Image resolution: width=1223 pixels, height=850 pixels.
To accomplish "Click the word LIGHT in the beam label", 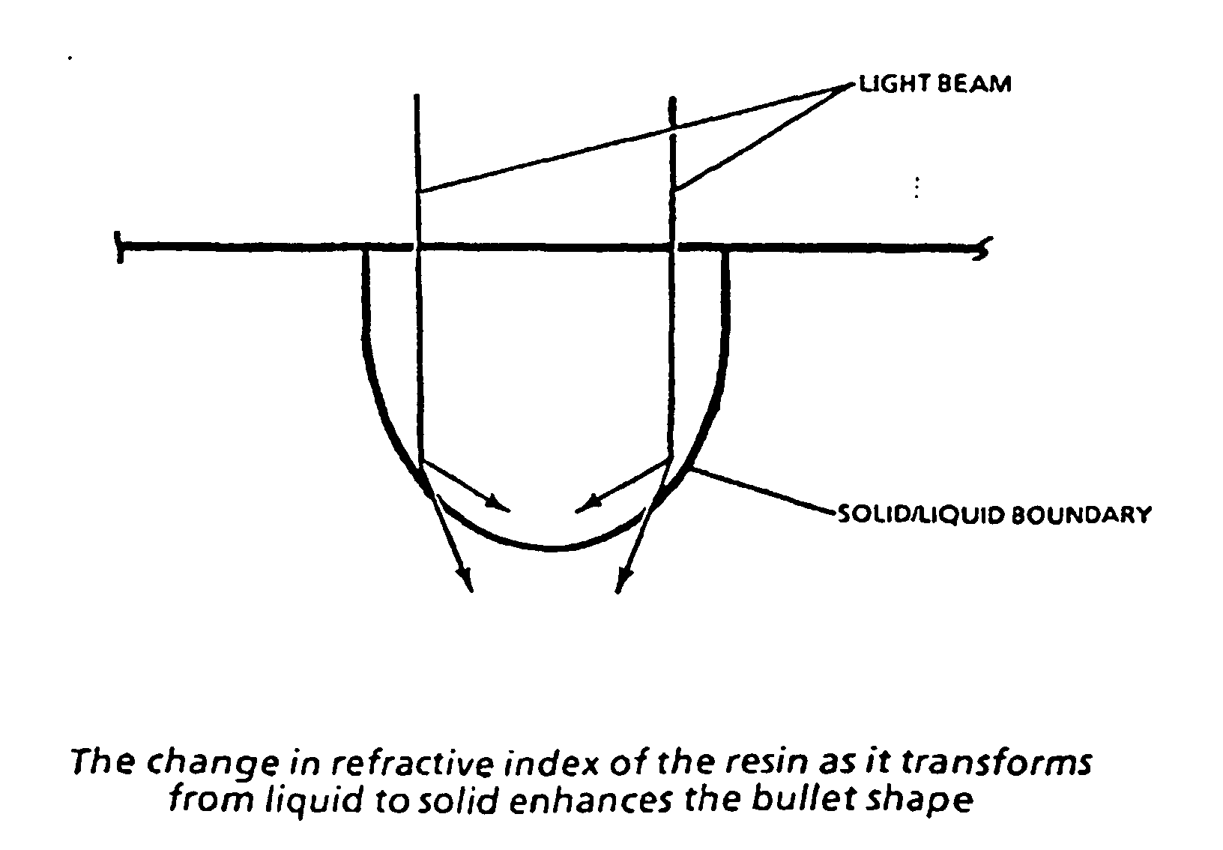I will (x=894, y=83).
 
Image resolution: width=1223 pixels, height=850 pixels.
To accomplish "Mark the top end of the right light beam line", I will (x=673, y=99).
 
